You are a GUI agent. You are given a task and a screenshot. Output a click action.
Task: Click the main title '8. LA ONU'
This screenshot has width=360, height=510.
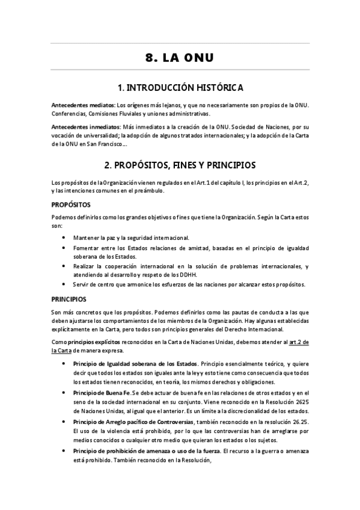[x=180, y=58]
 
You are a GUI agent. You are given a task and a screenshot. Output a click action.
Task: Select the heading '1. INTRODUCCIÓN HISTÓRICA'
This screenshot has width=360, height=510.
[x=180, y=88]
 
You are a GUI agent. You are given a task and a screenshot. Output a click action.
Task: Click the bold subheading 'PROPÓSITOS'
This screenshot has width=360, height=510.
[x=71, y=204]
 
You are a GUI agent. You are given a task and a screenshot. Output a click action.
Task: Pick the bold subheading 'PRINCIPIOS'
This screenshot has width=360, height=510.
[x=69, y=298]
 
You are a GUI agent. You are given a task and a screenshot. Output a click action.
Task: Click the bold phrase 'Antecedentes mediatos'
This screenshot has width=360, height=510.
[x=83, y=105]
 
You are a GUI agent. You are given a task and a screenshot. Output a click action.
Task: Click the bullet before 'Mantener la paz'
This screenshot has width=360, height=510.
[x=64, y=238]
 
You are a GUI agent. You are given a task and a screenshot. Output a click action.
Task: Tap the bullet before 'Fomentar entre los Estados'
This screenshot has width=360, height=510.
[x=64, y=247]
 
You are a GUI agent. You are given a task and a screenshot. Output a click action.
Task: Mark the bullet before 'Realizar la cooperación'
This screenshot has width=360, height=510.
[x=64, y=265]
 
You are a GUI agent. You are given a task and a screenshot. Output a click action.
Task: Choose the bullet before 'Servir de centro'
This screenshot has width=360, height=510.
[x=64, y=284]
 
